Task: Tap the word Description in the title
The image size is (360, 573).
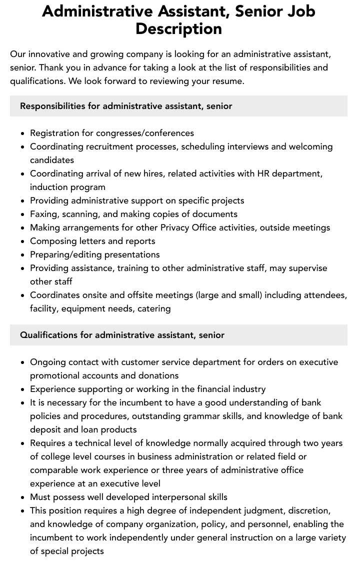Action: [x=178, y=28]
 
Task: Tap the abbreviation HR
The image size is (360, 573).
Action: [x=263, y=173]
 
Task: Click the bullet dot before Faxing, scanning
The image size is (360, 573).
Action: [x=22, y=214]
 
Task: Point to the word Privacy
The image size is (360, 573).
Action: [x=177, y=227]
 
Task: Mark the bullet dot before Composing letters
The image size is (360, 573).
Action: [x=22, y=241]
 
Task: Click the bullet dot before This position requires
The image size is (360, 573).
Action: [x=22, y=511]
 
